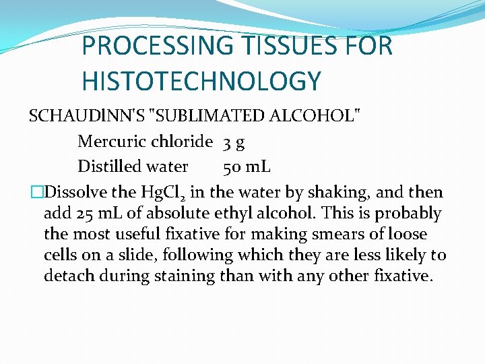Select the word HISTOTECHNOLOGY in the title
point(201,82)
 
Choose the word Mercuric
point(111,142)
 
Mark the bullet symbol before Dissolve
point(36,193)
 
